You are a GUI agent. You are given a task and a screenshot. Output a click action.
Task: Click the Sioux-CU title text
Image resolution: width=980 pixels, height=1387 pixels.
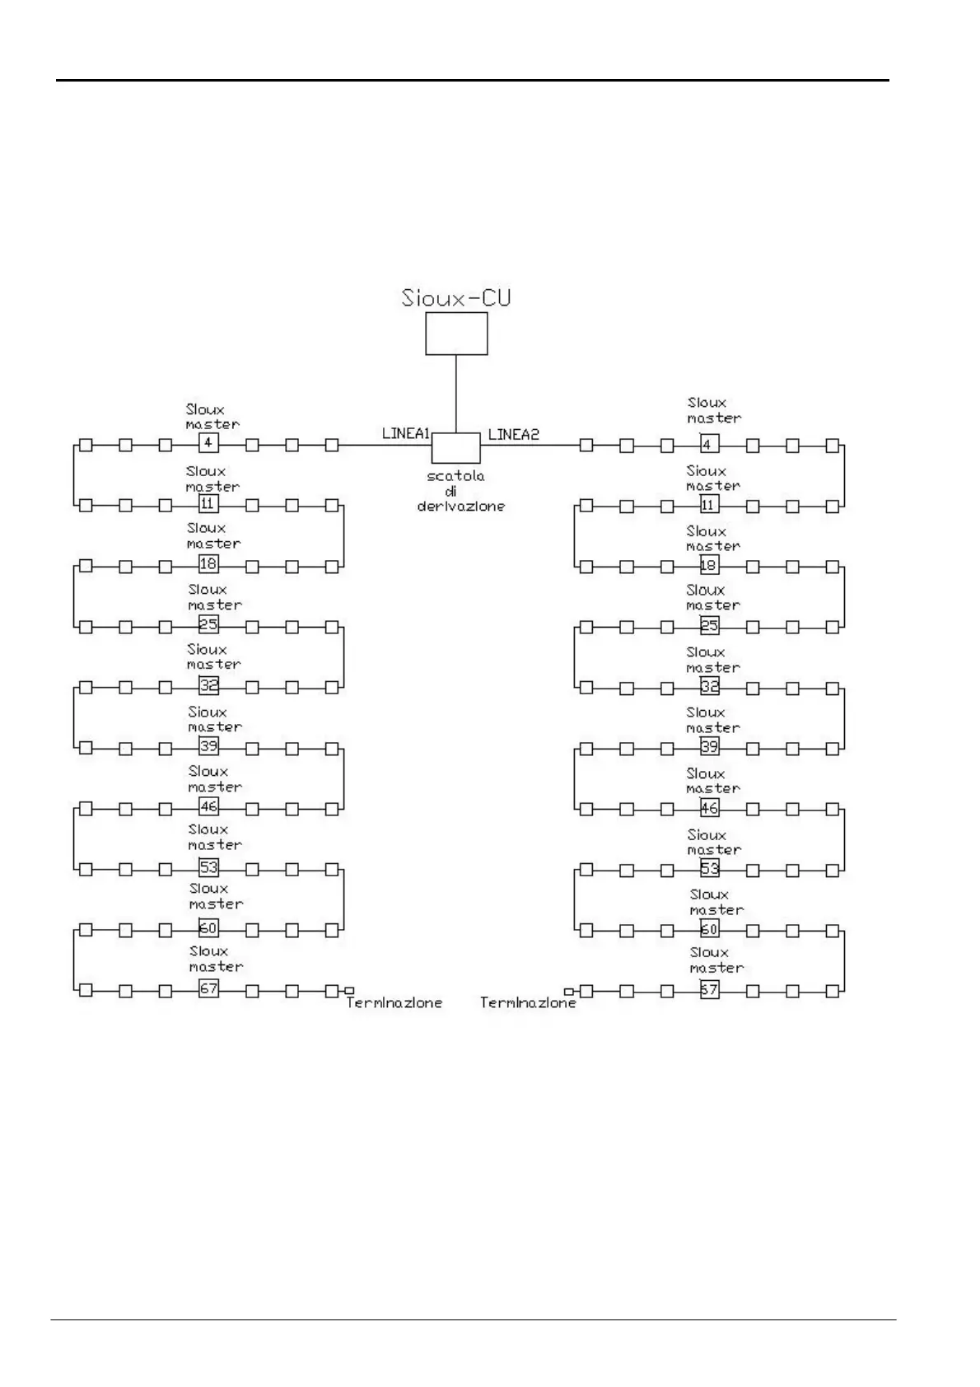point(455,297)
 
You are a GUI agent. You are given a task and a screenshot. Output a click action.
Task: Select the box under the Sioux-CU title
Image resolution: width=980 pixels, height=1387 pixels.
point(456,334)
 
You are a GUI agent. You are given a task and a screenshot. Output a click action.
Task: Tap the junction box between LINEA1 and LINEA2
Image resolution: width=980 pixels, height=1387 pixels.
point(455,447)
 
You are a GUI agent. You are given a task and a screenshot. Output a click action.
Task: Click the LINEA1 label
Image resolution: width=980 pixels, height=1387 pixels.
point(406,433)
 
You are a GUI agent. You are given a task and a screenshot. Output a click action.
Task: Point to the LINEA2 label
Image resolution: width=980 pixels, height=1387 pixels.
point(513,434)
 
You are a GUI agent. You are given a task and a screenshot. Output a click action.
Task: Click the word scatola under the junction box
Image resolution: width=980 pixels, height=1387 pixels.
point(455,476)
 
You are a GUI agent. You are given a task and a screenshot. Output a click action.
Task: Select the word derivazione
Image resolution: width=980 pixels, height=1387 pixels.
point(460,506)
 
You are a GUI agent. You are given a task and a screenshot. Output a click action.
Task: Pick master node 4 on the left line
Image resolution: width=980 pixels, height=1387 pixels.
point(208,443)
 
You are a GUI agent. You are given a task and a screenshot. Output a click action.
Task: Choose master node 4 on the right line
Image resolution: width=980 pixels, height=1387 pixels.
point(709,445)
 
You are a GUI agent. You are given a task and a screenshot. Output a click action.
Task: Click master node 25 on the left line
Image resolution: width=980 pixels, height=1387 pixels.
point(208,624)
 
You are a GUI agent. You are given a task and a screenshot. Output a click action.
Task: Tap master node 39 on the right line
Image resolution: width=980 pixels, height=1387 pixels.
point(709,746)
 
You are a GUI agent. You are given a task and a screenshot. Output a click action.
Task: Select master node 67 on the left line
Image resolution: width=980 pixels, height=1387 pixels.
point(208,988)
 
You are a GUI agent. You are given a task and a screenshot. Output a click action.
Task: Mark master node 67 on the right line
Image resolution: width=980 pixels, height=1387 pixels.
point(709,990)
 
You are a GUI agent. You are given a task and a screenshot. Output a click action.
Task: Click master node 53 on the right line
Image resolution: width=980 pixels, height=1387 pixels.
point(709,868)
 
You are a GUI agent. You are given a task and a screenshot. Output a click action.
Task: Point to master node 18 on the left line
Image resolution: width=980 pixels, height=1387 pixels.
point(208,564)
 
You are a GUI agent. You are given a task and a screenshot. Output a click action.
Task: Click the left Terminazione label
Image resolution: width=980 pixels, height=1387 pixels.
point(394,1003)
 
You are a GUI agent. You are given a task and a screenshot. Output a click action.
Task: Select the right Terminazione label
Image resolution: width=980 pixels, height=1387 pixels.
point(528,1003)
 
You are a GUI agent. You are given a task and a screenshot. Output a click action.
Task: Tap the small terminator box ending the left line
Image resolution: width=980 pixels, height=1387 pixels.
point(350,990)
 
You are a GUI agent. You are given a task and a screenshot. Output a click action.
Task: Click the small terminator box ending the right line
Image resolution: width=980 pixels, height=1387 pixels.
point(568,992)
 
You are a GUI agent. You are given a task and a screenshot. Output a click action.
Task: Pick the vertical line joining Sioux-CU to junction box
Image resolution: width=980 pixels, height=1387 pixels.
point(456,394)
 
